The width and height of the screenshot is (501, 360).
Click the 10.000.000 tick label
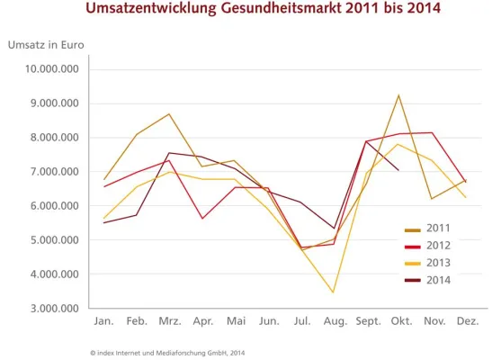pyautogui.click(x=52, y=69)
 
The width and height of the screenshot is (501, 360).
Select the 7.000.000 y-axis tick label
pyautogui.click(x=52, y=172)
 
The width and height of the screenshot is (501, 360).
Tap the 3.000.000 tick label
pyautogui.click(x=52, y=309)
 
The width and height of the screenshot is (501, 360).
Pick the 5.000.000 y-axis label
pyautogui.click(x=52, y=240)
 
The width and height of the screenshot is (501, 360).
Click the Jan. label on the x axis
pyautogui.click(x=105, y=321)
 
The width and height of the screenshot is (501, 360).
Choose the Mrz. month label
pyautogui.click(x=170, y=321)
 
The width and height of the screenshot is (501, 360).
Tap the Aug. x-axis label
pyautogui.click(x=334, y=321)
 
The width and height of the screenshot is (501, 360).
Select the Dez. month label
pyautogui.click(x=467, y=321)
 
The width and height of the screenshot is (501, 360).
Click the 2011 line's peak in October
pyautogui.click(x=398, y=94)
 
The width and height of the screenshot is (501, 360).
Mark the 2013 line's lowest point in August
pyautogui.click(x=334, y=292)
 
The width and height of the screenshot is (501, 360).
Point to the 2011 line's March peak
pyautogui.click(x=169, y=114)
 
